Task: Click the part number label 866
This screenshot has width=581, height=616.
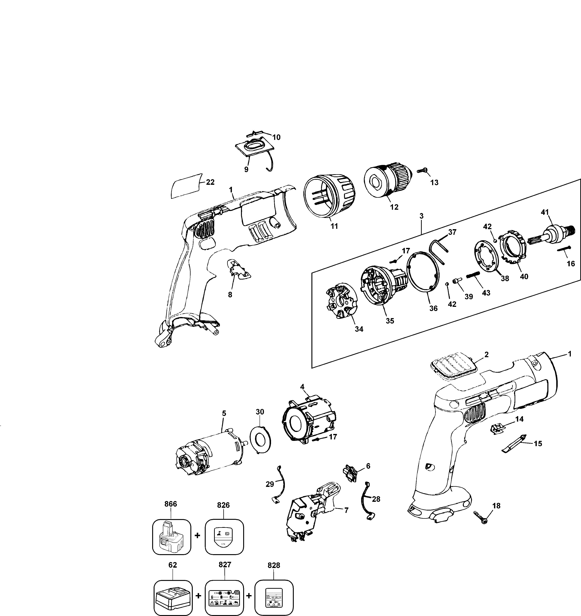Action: coord(171,504)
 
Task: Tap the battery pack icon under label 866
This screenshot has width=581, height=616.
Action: coord(171,537)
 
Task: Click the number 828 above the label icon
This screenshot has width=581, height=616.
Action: coord(274,565)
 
